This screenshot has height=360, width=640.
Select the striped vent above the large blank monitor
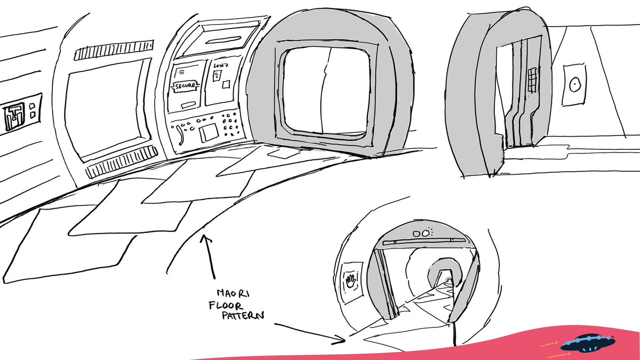(x=114, y=51)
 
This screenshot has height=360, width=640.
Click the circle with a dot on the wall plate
(x=574, y=84)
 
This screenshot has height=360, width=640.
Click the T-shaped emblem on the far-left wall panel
(x=13, y=117)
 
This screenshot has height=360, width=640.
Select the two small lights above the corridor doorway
(x=421, y=233)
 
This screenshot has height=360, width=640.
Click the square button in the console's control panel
(x=209, y=131)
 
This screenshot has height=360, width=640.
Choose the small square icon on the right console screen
(x=226, y=84)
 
